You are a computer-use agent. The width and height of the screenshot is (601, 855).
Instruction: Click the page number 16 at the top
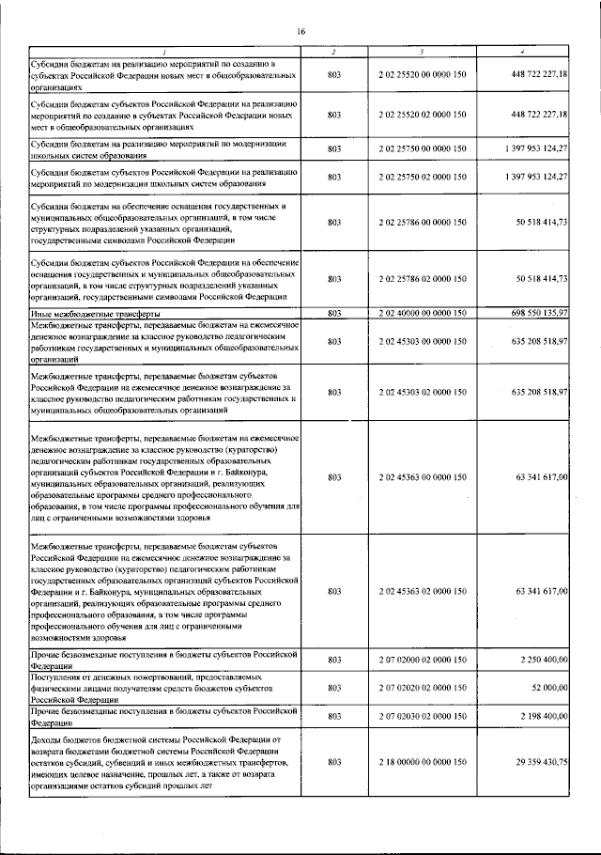[x=301, y=32]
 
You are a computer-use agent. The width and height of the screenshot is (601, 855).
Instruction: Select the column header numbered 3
[x=423, y=50]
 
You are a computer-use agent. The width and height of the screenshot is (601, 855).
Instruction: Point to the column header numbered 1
[x=164, y=50]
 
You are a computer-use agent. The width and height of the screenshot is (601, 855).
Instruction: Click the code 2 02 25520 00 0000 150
[x=423, y=73]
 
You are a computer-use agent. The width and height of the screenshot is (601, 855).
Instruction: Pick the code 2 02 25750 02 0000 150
[x=423, y=176]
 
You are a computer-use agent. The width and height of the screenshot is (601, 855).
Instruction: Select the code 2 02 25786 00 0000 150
[x=423, y=223]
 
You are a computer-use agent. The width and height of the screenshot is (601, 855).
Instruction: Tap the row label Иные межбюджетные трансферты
[x=94, y=312]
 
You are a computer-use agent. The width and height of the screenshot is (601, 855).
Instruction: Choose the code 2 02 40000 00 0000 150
[x=423, y=312]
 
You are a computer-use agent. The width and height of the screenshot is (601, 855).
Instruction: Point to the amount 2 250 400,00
[x=539, y=661]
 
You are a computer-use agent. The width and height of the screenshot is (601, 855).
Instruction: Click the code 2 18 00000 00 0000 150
[x=423, y=762]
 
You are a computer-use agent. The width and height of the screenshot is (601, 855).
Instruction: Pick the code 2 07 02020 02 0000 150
[x=423, y=689]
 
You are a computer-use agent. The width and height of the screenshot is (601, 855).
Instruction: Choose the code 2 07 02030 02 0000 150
[x=423, y=717]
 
